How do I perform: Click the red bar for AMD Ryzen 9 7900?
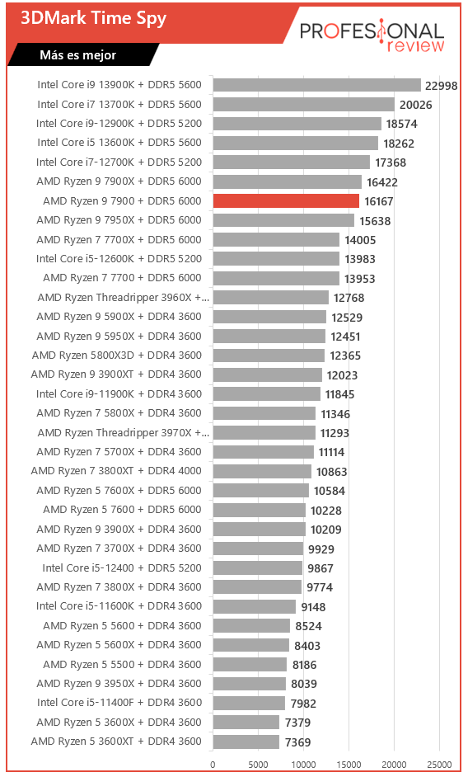[286, 200]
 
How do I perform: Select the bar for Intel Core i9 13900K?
[317, 85]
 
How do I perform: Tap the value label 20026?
[415, 105]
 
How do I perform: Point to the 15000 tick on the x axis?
[349, 764]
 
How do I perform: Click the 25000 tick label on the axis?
[439, 764]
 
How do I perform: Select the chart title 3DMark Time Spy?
[93, 18]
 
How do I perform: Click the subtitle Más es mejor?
[77, 55]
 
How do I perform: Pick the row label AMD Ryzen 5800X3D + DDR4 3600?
[116, 356]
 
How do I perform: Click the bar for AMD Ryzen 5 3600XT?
[246, 742]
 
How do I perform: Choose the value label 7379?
[297, 723]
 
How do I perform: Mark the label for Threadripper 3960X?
[124, 297]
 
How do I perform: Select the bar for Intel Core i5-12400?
[258, 567]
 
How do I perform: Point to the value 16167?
[379, 201]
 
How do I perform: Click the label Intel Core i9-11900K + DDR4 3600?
[119, 394]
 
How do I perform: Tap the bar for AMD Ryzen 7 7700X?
[276, 239]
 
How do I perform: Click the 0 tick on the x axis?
[213, 764]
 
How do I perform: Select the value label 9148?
[313, 606]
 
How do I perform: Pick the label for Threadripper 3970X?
[124, 432]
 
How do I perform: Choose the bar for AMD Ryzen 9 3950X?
[250, 684]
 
